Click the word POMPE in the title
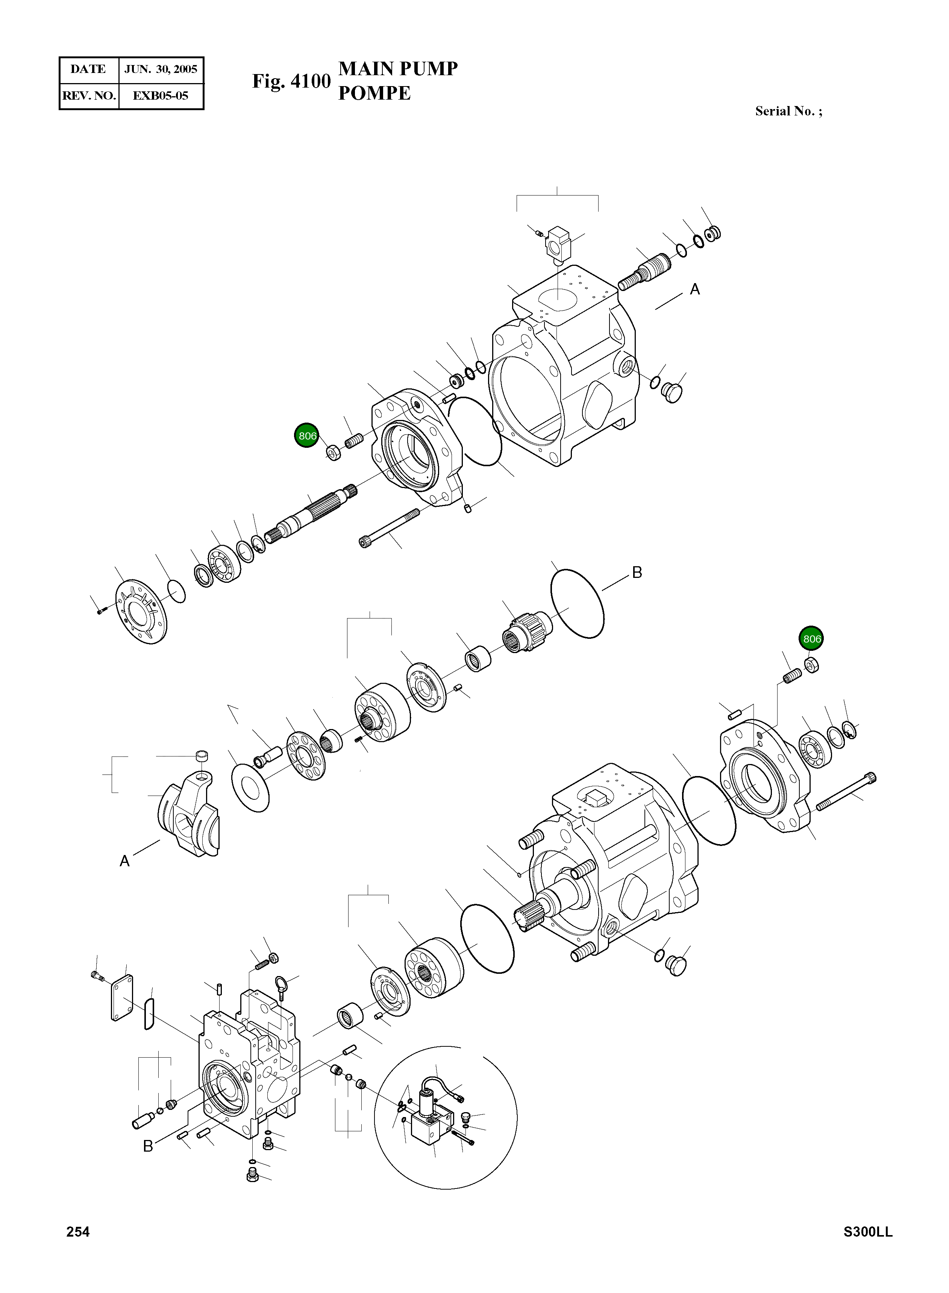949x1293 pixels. pos(374,93)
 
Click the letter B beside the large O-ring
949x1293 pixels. pos(637,572)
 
